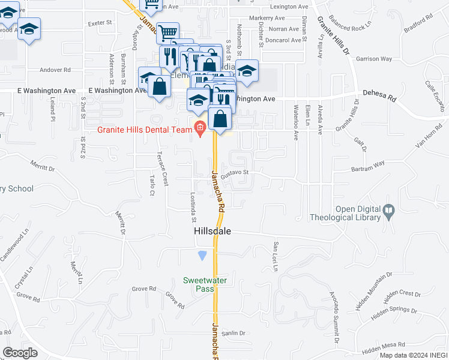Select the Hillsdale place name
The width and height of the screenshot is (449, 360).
[x=212, y=231]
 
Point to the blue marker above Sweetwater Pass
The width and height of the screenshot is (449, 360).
[x=202, y=256]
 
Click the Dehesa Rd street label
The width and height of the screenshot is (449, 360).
[x=379, y=95]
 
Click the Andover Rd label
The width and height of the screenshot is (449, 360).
[x=55, y=70]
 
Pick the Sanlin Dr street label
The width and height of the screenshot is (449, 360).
[x=234, y=333]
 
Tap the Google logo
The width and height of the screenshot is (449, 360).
[x=20, y=353]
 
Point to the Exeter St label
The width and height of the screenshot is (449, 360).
[x=100, y=23]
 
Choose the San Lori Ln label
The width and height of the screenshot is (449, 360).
[x=276, y=256]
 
